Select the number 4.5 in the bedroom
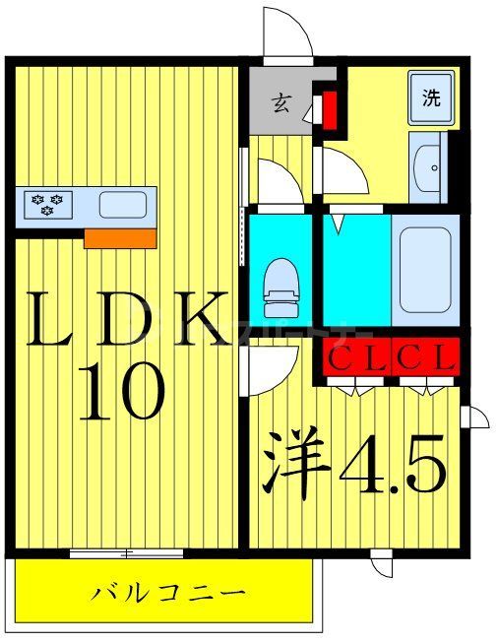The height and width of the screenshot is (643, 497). (x=393, y=466)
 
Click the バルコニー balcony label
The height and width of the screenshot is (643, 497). (x=168, y=593)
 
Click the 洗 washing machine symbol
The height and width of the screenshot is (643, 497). (x=430, y=99)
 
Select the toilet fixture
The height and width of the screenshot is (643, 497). (x=280, y=281)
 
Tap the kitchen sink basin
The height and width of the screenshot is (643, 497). (x=123, y=204)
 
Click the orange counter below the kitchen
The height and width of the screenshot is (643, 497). (x=120, y=237)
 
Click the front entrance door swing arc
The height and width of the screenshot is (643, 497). (x=288, y=33)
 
